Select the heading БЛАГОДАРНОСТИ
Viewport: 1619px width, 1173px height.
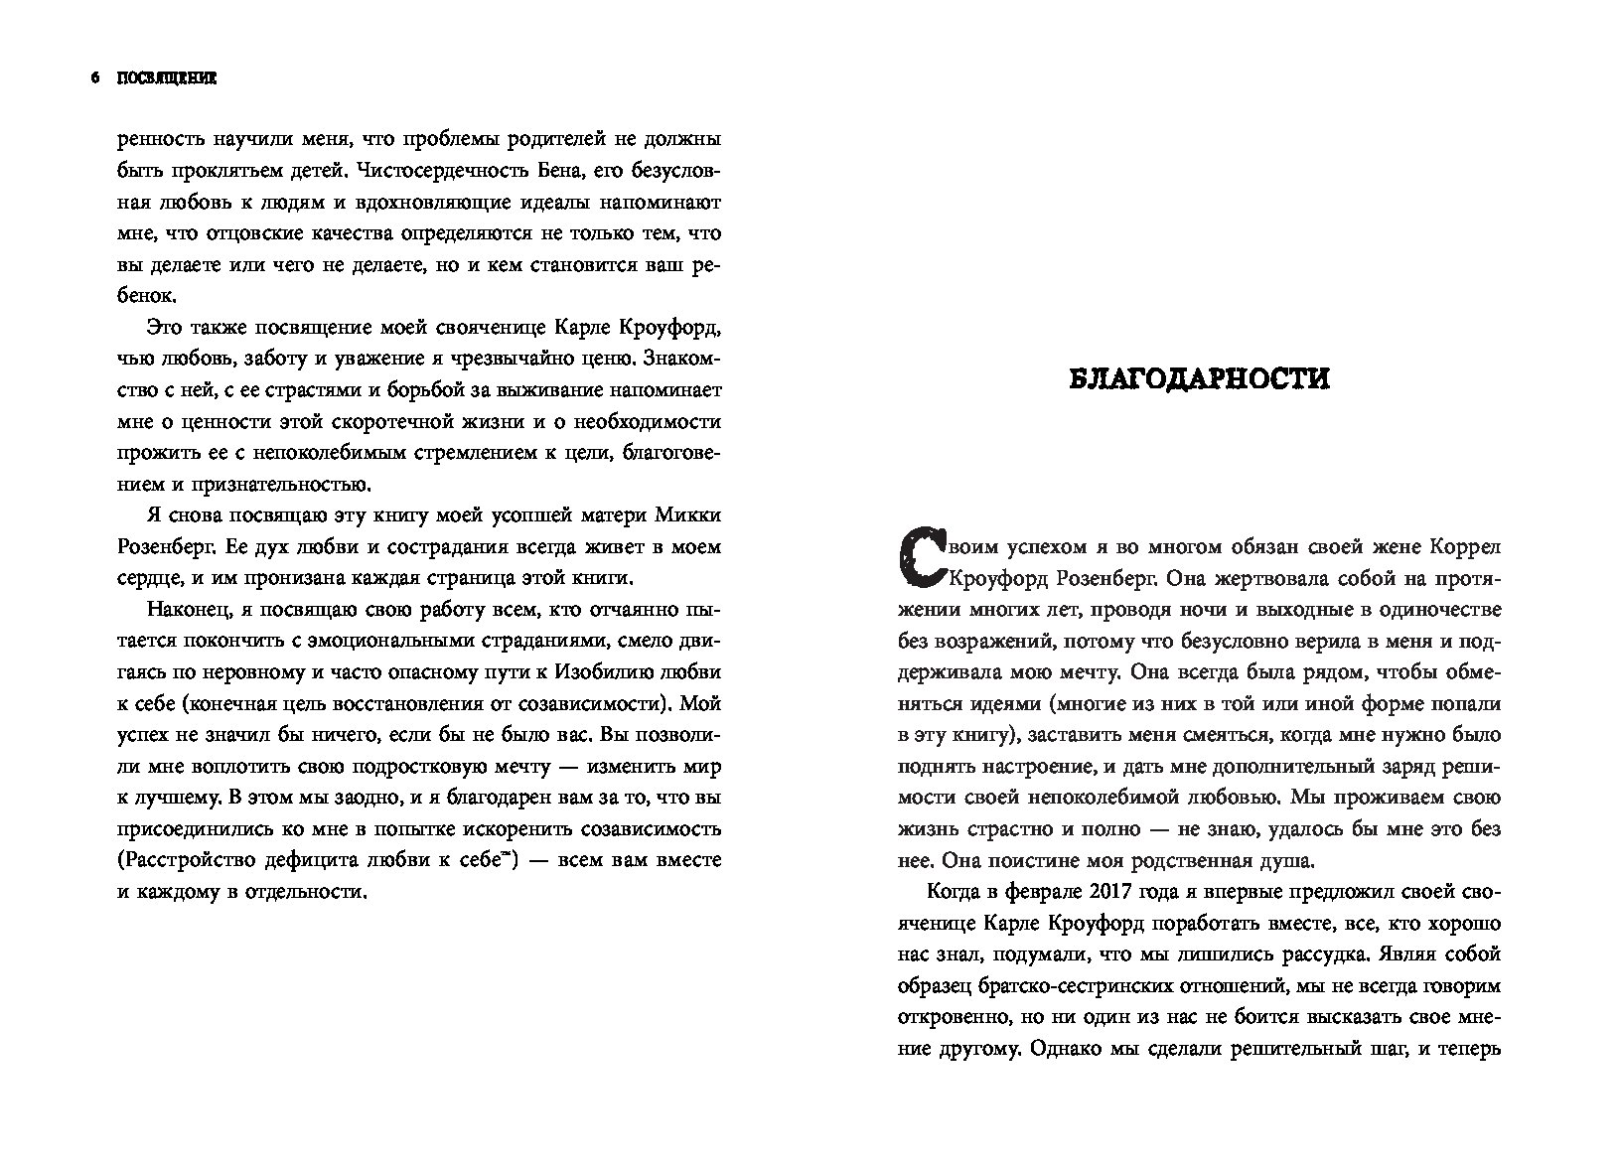coord(1199,379)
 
